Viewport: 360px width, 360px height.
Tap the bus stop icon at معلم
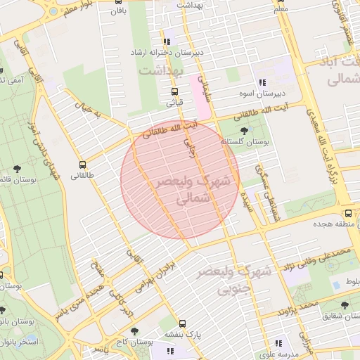click(280, 1)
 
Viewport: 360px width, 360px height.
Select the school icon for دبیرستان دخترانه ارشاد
click(167, 41)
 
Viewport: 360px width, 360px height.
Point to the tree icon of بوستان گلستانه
click(244, 130)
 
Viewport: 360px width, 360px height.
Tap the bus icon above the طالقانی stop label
click(83, 165)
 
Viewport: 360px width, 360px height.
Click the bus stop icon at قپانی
click(174, 91)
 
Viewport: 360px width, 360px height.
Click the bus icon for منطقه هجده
click(348, 214)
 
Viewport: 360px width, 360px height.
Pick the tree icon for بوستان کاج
click(133, 330)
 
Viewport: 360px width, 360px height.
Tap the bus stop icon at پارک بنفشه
click(182, 324)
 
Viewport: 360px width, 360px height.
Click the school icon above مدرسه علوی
click(279, 344)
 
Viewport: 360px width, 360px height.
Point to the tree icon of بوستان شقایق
click(344, 305)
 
